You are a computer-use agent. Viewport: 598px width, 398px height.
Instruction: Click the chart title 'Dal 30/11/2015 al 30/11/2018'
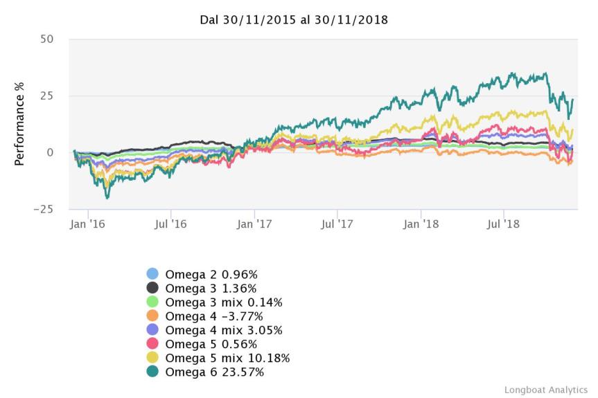coord(294,20)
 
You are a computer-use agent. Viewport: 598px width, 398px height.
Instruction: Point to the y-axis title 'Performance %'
coord(20,125)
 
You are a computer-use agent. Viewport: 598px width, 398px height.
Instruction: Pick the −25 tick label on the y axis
coord(43,209)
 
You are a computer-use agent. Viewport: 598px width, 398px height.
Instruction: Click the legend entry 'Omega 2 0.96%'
coord(211,274)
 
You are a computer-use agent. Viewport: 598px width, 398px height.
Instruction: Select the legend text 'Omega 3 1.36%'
coord(211,288)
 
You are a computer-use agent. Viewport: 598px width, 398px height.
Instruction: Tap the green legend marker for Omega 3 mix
coord(153,302)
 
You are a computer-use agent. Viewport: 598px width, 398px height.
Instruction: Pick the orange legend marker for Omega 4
coord(153,316)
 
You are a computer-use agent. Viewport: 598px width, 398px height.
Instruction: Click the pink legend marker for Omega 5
coord(153,344)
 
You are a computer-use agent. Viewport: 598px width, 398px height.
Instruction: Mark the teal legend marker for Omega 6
coord(153,372)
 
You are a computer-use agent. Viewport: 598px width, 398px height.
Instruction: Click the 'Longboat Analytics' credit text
coord(545,390)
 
